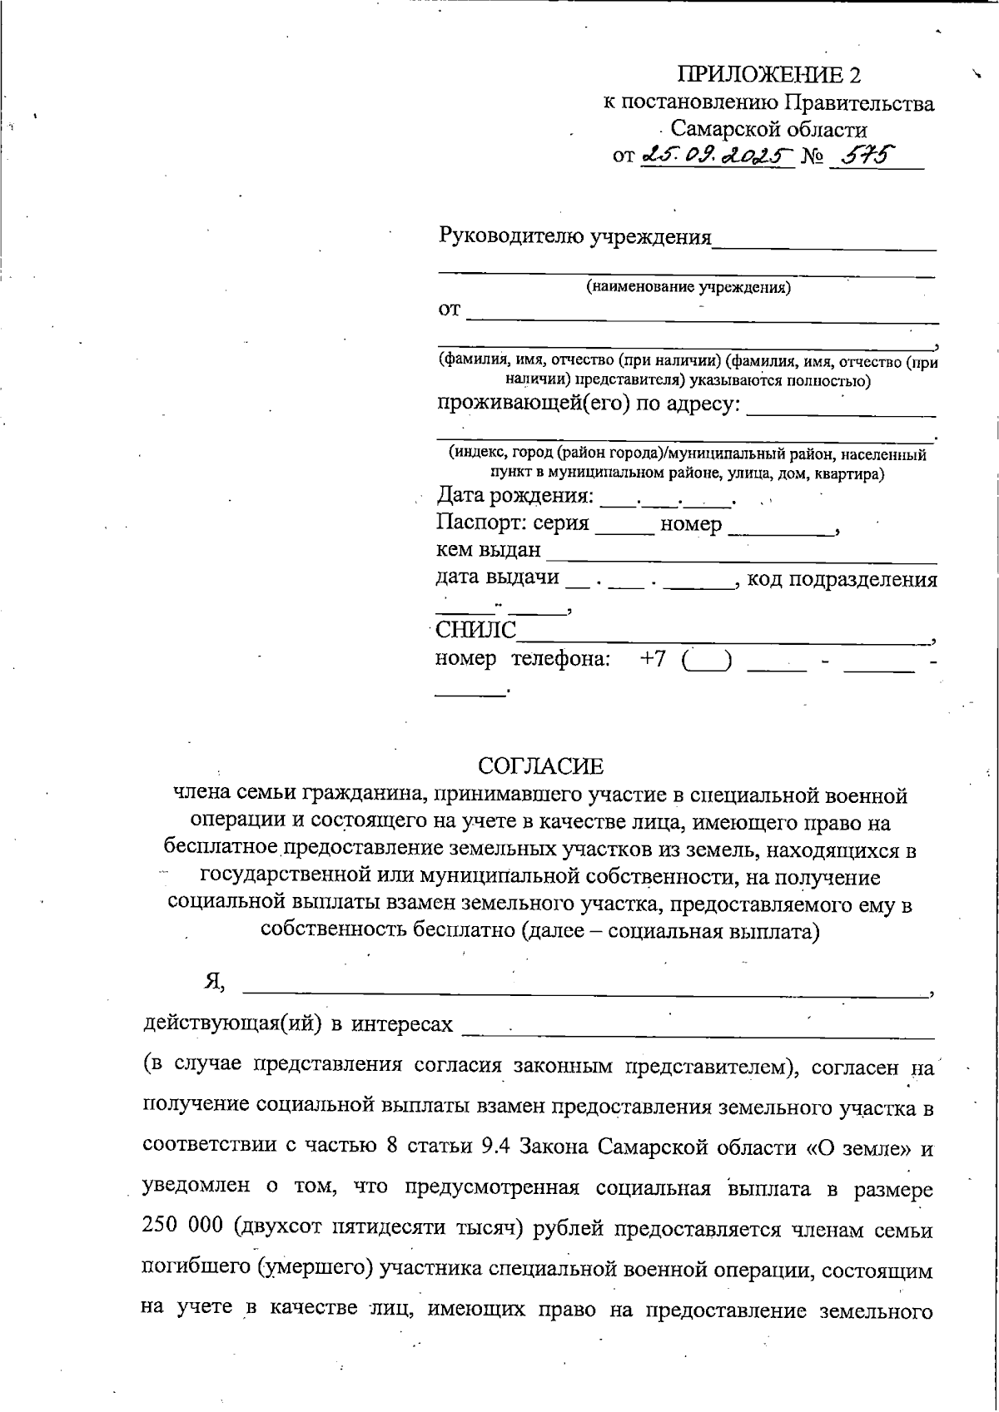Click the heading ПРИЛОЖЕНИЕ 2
click(769, 76)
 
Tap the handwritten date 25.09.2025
click(717, 156)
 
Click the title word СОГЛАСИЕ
click(541, 765)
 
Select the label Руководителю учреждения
click(575, 237)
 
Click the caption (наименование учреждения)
click(688, 288)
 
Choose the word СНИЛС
click(476, 630)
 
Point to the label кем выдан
click(489, 551)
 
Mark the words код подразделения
click(842, 580)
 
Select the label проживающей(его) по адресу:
click(589, 405)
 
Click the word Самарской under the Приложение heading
click(720, 130)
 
